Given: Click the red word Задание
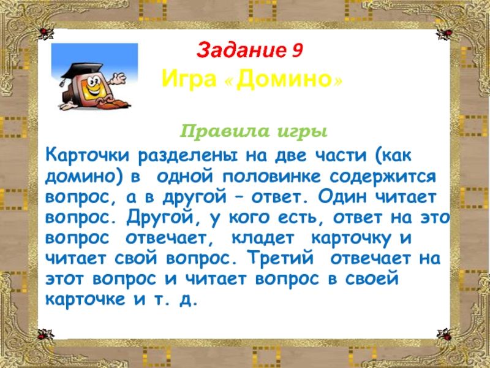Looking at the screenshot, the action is [241, 50].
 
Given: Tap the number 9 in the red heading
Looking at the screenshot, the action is [297, 50].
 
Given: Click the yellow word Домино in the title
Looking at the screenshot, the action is [284, 80].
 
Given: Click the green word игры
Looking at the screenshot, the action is [302, 132].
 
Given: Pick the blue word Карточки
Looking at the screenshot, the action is [87, 155].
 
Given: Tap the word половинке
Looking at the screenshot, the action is [271, 176].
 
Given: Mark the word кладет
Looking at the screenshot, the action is [263, 239].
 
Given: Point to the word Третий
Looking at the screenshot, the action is [280, 258].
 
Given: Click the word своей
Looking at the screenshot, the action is [372, 278].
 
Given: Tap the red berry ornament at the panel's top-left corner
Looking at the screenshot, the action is [43, 33].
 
